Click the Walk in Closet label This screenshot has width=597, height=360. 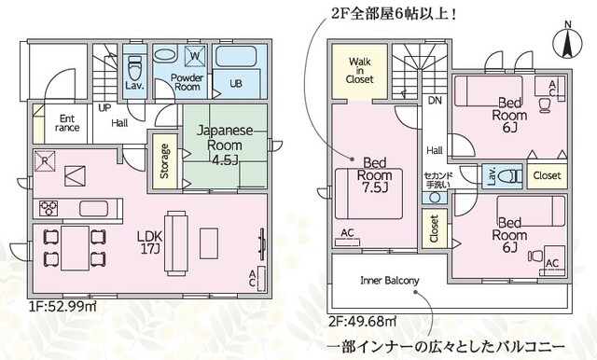click(361, 70)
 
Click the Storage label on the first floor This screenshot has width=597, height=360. click(164, 160)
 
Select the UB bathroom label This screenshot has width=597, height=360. click(236, 84)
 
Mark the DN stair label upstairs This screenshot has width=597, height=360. click(435, 100)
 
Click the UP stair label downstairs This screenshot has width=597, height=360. click(105, 108)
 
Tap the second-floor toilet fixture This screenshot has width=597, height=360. click(507, 175)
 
